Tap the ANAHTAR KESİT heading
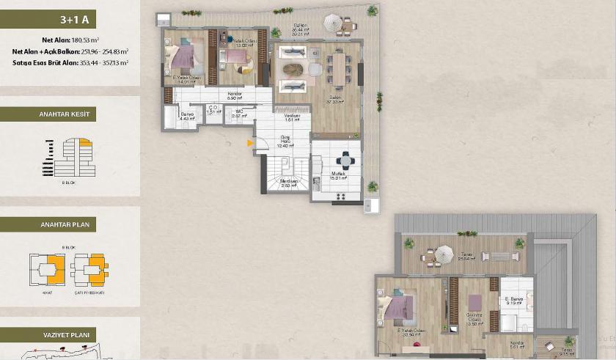[x=66, y=114]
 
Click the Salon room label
[x=337, y=98]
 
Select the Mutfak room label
[x=337, y=175]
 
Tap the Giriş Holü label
[x=286, y=142]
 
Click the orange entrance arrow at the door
[x=251, y=144]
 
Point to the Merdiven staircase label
[x=288, y=183]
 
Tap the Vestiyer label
[x=293, y=116]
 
